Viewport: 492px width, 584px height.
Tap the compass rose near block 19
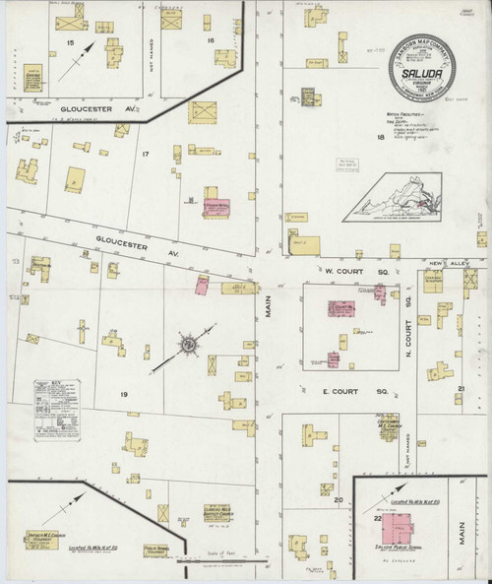[185, 345]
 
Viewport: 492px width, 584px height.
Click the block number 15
[70, 44]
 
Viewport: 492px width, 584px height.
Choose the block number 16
[211, 40]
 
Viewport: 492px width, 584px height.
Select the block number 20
[338, 500]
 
